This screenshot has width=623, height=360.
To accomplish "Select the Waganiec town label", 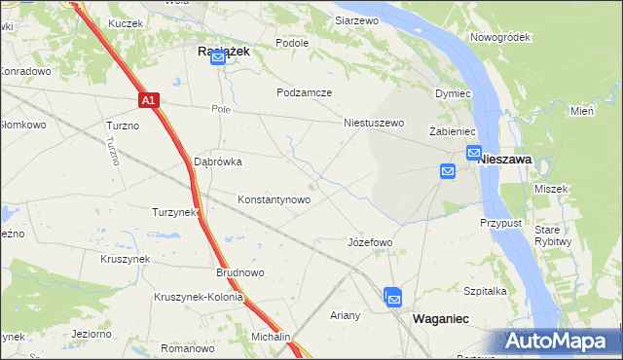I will coord(444,318).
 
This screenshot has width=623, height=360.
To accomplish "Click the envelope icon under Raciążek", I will coord(218,59).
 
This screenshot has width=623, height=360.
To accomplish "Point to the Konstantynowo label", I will coord(275,199).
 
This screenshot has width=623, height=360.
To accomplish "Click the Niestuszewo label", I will coord(374,124).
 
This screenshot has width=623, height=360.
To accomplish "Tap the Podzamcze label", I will coord(304,92).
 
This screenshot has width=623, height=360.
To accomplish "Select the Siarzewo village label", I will coord(356,19).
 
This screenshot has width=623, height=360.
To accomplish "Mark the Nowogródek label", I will coord(498,37).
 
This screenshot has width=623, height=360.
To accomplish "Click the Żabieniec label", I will coord(451,130).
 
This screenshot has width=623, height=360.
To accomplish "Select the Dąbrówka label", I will coord(218,162).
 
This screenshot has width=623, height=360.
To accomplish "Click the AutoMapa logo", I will coord(557,341).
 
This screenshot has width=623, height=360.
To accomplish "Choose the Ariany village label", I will coord(346,315).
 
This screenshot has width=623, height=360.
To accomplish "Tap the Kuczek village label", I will coord(126,22).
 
